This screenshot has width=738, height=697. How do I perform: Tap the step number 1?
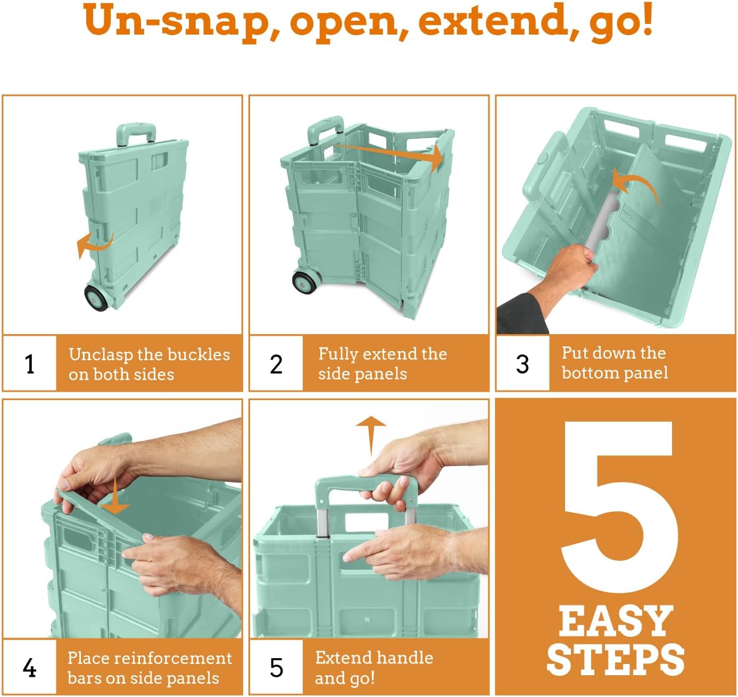coord(30,364)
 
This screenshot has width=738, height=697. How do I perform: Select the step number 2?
coord(276,364)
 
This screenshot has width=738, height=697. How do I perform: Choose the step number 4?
coord(30,668)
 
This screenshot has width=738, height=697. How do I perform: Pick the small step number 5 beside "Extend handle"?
coord(277,668)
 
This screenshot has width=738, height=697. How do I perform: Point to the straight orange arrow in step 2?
coord(390,155)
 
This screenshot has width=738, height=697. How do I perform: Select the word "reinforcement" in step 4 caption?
coord(173,658)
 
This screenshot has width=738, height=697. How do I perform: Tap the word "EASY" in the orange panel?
coord(616,621)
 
